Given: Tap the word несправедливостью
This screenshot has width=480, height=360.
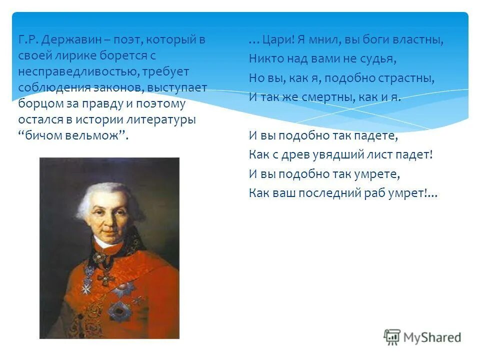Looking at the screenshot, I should pos(78,72).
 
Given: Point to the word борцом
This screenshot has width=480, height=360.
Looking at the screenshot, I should pos(36,104).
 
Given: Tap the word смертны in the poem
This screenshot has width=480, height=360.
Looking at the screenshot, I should pos(328,97).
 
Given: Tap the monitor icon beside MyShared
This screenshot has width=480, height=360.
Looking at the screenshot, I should pos(392,337).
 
